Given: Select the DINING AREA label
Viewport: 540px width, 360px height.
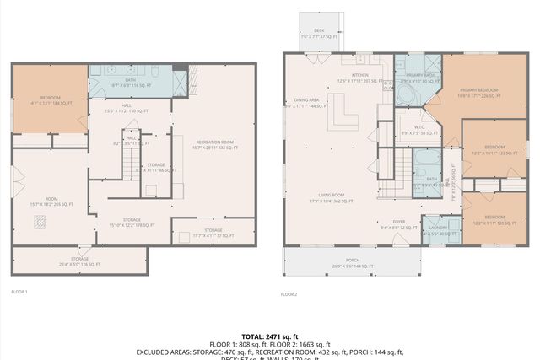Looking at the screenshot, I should tap(306, 103).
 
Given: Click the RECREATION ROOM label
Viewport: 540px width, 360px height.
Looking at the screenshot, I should tap(214, 145).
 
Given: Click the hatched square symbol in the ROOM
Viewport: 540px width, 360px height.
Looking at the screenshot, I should tap(39, 222).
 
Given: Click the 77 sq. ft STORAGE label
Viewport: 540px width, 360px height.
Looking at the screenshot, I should tap(212, 231).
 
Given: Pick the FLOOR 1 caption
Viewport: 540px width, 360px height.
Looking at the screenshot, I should tap(19, 292).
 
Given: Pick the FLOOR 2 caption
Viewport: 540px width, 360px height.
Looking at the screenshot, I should tap(289, 294).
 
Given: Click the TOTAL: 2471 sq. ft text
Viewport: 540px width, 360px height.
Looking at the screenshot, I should tap(270, 336).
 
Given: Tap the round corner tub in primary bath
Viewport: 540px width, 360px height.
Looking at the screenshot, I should tap(406, 94).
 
